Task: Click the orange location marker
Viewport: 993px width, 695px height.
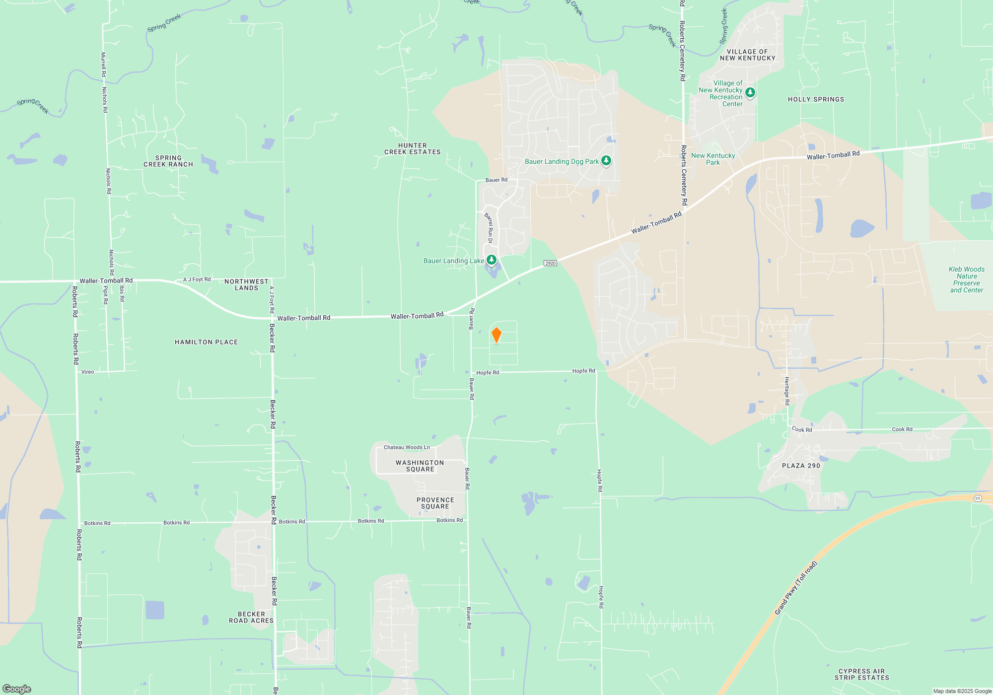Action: click(x=496, y=335)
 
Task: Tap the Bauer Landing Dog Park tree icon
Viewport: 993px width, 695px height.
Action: click(x=606, y=160)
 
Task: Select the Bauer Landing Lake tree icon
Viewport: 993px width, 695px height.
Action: click(x=491, y=260)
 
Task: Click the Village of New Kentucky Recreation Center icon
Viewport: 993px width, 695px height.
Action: click(x=750, y=92)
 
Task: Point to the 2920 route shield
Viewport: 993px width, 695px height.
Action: click(x=550, y=263)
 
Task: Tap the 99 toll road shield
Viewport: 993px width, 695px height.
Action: click(x=977, y=498)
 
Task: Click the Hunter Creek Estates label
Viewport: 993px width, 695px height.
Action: click(x=412, y=149)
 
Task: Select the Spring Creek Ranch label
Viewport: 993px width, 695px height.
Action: click(x=168, y=161)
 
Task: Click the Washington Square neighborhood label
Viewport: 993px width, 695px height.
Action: click(x=420, y=466)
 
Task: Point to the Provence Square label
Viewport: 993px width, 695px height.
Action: click(x=435, y=503)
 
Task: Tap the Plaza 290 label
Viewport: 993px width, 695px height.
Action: click(x=801, y=466)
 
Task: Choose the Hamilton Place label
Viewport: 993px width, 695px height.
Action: click(x=206, y=342)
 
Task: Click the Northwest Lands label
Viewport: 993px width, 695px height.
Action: click(x=246, y=284)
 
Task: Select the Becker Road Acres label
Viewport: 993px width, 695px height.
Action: click(x=251, y=618)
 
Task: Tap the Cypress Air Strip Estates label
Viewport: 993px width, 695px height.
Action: click(x=861, y=674)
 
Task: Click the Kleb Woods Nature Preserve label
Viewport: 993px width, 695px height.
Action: click(x=966, y=279)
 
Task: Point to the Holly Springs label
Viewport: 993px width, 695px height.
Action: click(x=816, y=99)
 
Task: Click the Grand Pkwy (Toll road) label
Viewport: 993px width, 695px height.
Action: click(x=795, y=588)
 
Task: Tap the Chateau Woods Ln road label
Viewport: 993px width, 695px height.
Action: click(x=407, y=447)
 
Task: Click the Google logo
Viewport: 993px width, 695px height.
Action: click(x=17, y=689)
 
